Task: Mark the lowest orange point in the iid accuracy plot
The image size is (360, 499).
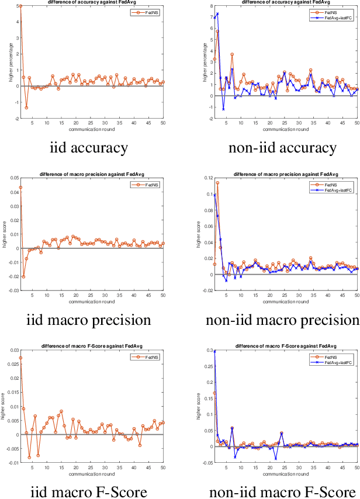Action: click(26, 108)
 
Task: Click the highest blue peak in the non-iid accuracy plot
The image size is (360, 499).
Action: click(217, 13)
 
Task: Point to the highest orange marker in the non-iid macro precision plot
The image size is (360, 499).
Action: click(217, 183)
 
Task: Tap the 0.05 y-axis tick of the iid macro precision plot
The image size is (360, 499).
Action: click(14, 177)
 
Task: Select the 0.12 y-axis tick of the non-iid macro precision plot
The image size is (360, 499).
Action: click(207, 177)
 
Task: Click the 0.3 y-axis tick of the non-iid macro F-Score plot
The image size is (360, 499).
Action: click(209, 351)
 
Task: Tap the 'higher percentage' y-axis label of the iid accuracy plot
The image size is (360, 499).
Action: click(4, 62)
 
